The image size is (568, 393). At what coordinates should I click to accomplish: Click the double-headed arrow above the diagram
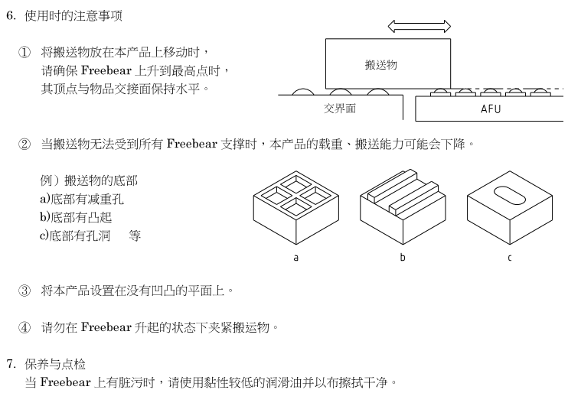(419, 27)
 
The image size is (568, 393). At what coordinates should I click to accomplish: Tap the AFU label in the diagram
(491, 109)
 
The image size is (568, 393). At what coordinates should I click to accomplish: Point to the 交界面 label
(340, 109)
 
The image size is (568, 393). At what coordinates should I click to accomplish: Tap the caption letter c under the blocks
(509, 258)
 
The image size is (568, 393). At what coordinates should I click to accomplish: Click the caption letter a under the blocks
(296, 258)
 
